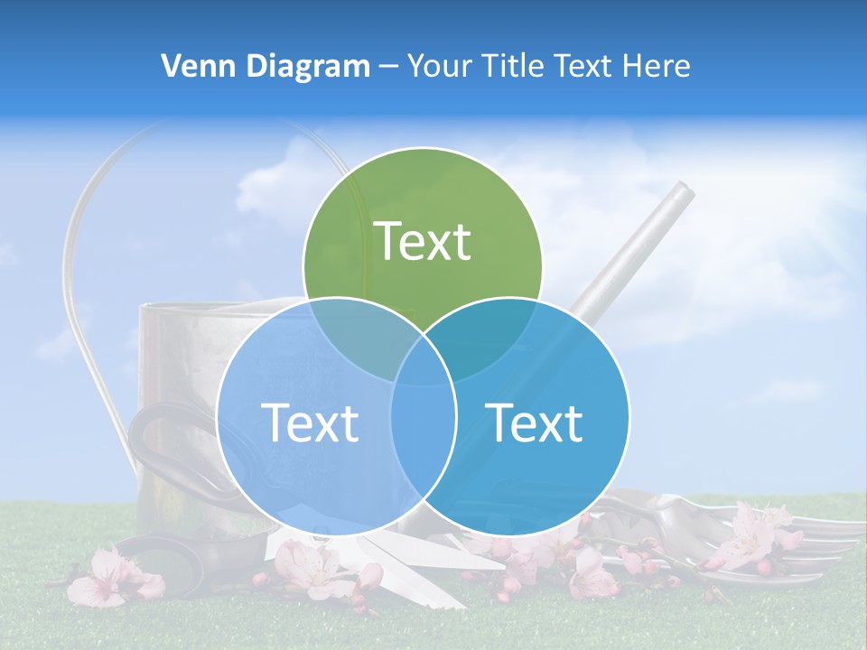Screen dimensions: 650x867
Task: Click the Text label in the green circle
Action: (423, 241)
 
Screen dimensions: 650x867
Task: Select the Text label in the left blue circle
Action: (310, 422)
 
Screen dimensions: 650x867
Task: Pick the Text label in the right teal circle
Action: (534, 422)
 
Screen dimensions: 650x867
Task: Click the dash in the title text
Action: (388, 67)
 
